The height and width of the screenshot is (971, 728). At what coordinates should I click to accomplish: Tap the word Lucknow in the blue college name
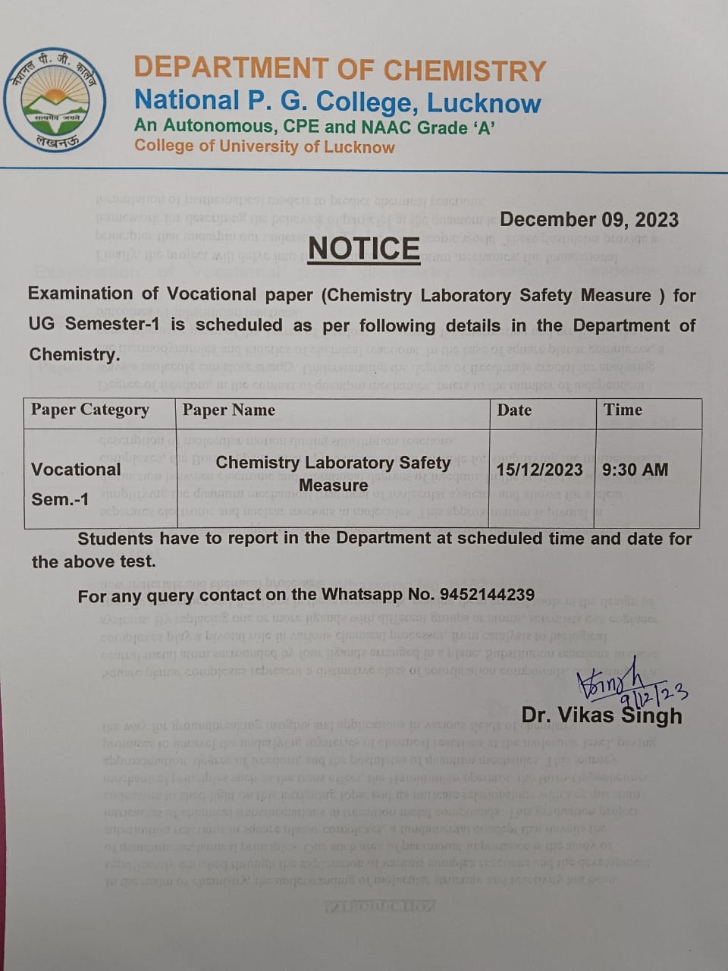tap(484, 102)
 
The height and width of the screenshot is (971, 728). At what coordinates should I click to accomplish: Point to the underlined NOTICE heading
tap(364, 249)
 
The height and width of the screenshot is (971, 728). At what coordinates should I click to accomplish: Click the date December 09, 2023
tap(589, 220)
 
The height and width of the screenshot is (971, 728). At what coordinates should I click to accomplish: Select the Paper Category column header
tap(89, 410)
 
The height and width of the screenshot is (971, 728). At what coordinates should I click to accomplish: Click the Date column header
tap(514, 410)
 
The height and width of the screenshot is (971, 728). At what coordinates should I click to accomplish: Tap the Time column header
tap(623, 410)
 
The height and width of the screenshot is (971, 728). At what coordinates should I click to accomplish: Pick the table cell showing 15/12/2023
tap(540, 470)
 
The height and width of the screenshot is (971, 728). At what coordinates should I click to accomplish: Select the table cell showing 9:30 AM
tap(635, 470)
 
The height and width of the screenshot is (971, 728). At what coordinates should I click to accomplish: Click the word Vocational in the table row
tap(76, 470)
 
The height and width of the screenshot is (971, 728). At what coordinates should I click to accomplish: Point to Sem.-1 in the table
tap(60, 499)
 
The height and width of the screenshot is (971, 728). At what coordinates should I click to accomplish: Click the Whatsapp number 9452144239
tap(487, 595)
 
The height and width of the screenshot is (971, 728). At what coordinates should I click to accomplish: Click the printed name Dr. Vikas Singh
tap(601, 715)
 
